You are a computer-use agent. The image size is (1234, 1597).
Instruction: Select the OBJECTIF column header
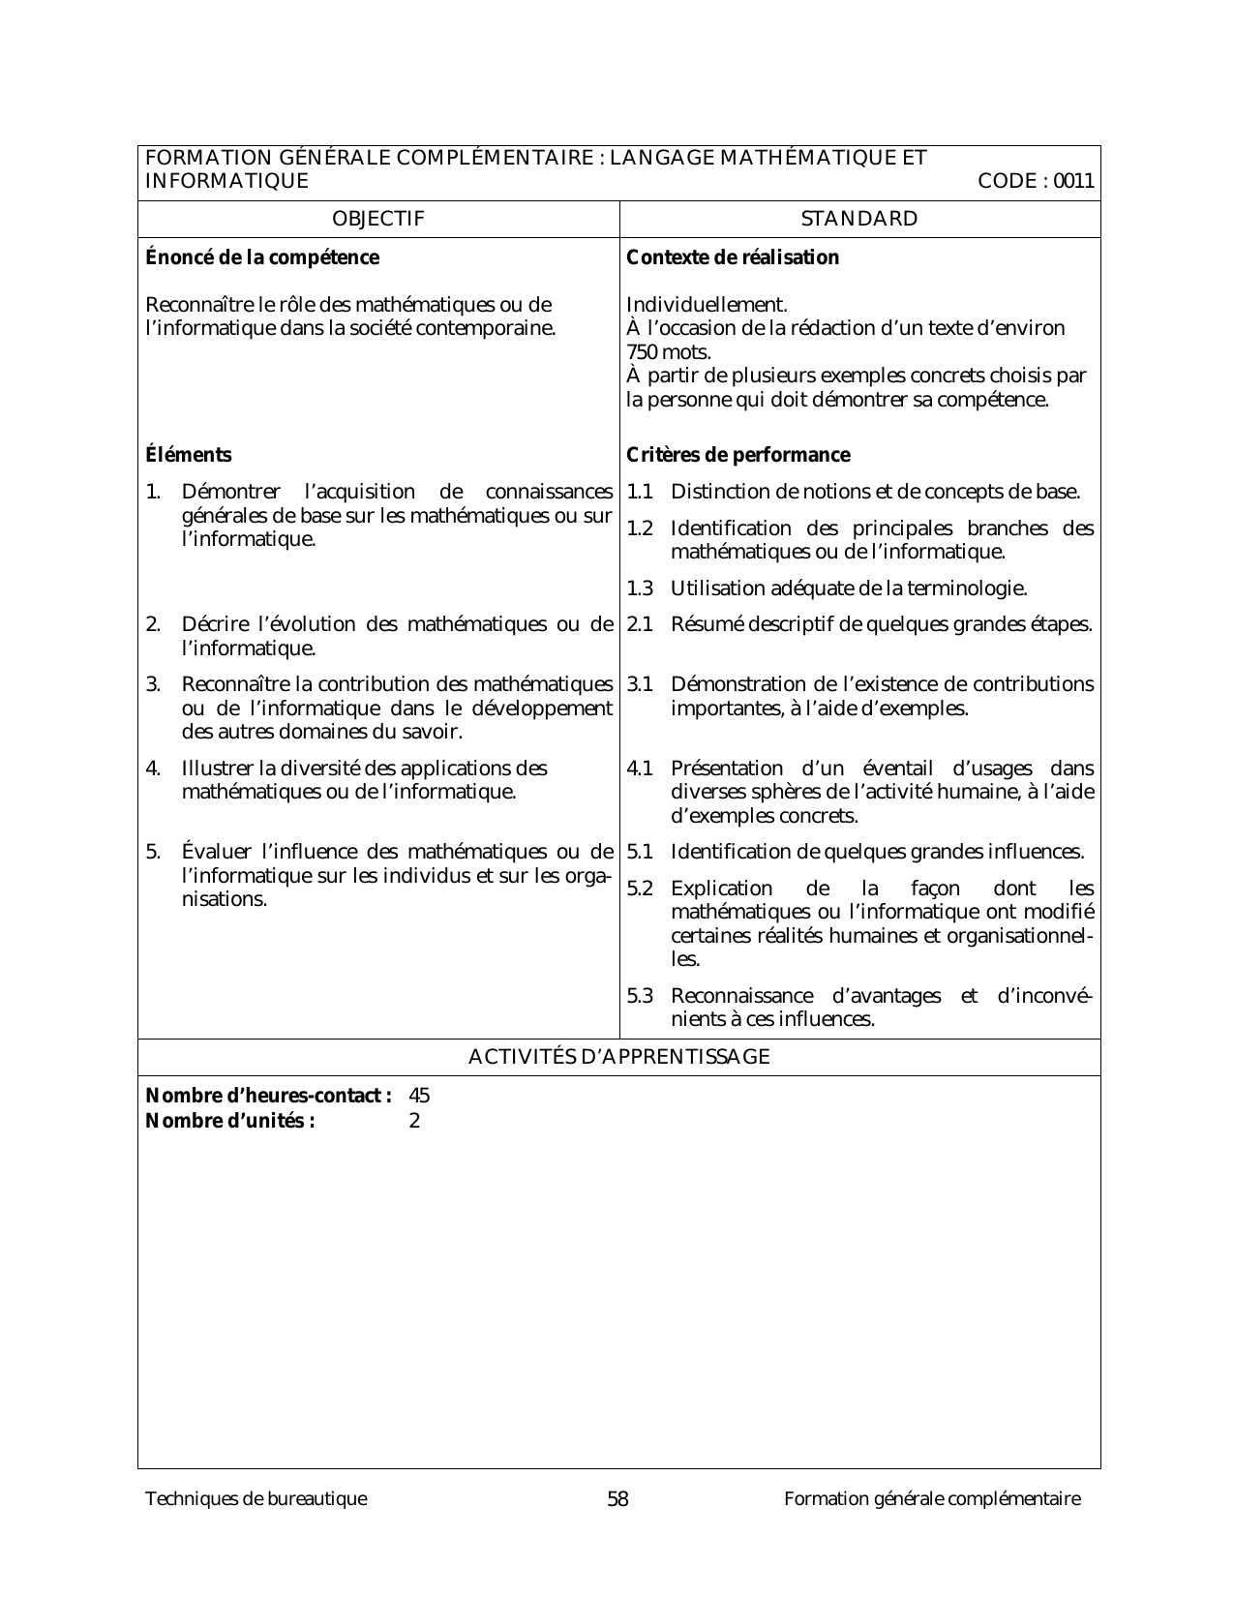pyautogui.click(x=377, y=219)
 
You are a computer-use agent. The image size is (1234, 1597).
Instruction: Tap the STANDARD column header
pyautogui.click(x=859, y=219)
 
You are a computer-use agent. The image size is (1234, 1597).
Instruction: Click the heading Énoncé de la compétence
pyautogui.click(x=262, y=257)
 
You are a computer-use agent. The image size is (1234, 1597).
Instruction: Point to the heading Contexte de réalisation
pyautogui.click(x=733, y=257)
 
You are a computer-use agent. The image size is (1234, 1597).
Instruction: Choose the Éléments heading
pyautogui.click(x=189, y=455)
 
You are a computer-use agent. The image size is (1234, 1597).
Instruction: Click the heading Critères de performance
pyautogui.click(x=738, y=455)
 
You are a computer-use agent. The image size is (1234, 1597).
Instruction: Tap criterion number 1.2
pyautogui.click(x=640, y=528)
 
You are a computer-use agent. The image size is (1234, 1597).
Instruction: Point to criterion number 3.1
pyautogui.click(x=640, y=684)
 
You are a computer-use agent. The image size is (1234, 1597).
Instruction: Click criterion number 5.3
pyautogui.click(x=640, y=996)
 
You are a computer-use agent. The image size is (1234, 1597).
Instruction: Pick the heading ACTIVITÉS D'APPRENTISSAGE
pyautogui.click(x=618, y=1057)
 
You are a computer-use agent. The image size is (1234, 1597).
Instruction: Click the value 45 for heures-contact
pyautogui.click(x=419, y=1097)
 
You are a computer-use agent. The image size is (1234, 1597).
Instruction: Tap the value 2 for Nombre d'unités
pyautogui.click(x=414, y=1122)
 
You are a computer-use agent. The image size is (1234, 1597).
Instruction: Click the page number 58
pyautogui.click(x=617, y=1499)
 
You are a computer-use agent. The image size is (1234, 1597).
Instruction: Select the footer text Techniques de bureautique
pyautogui.click(x=256, y=1499)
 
